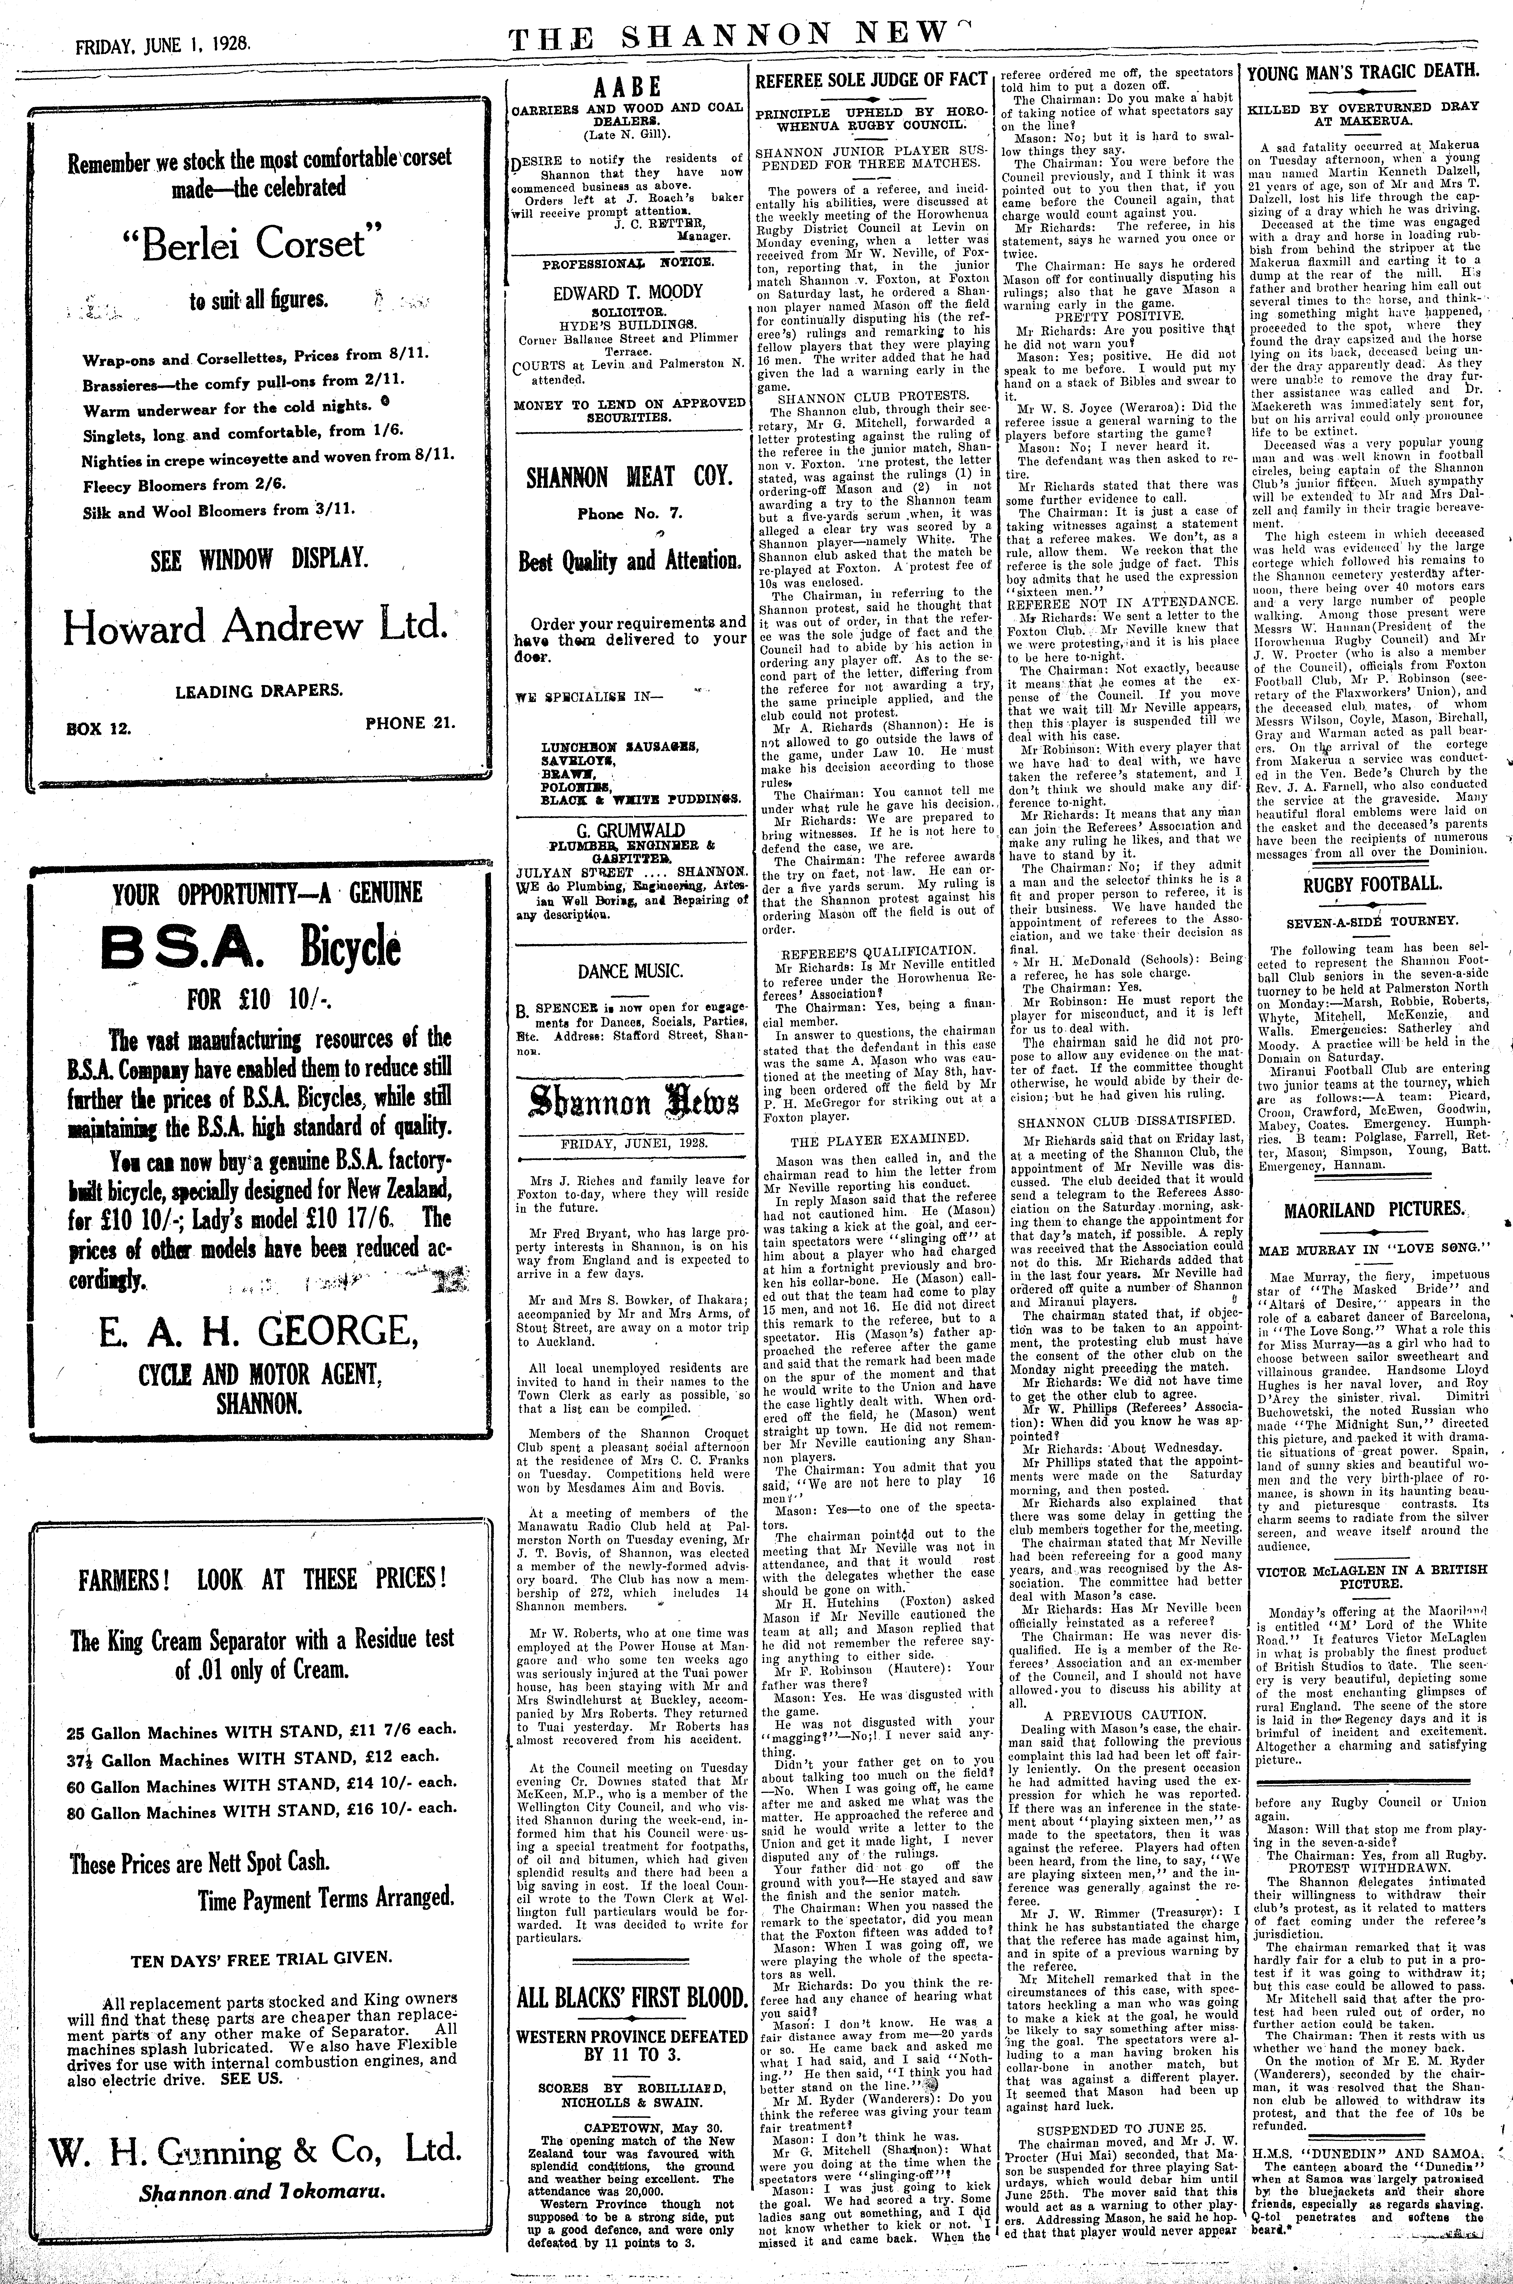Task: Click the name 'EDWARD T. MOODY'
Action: click(627, 291)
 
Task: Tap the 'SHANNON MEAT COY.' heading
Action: click(627, 477)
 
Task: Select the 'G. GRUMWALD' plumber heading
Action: click(627, 831)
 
